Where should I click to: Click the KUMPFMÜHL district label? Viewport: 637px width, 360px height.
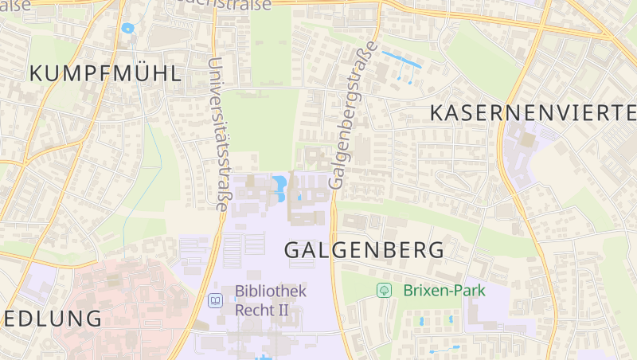[x=105, y=74]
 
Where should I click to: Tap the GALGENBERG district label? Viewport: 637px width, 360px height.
[x=364, y=249]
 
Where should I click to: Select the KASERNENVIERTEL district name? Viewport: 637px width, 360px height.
[x=533, y=112]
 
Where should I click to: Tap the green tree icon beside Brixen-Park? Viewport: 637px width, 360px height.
[x=384, y=291]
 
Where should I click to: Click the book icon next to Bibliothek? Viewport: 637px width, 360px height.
[x=214, y=300]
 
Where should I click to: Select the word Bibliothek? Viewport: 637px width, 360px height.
[x=271, y=292]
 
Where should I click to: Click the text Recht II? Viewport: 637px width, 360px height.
[x=261, y=309]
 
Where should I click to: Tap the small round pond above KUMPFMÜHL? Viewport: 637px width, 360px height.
[x=127, y=28]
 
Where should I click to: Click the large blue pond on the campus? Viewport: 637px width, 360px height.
[x=280, y=188]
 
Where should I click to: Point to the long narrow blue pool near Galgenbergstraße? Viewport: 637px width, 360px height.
[x=402, y=59]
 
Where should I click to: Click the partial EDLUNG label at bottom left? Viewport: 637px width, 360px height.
[x=51, y=319]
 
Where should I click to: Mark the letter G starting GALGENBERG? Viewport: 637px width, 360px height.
[x=292, y=249]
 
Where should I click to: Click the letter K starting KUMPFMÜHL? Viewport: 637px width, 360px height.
[x=37, y=74]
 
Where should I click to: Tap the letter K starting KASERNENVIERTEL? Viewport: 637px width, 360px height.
[x=437, y=112]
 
